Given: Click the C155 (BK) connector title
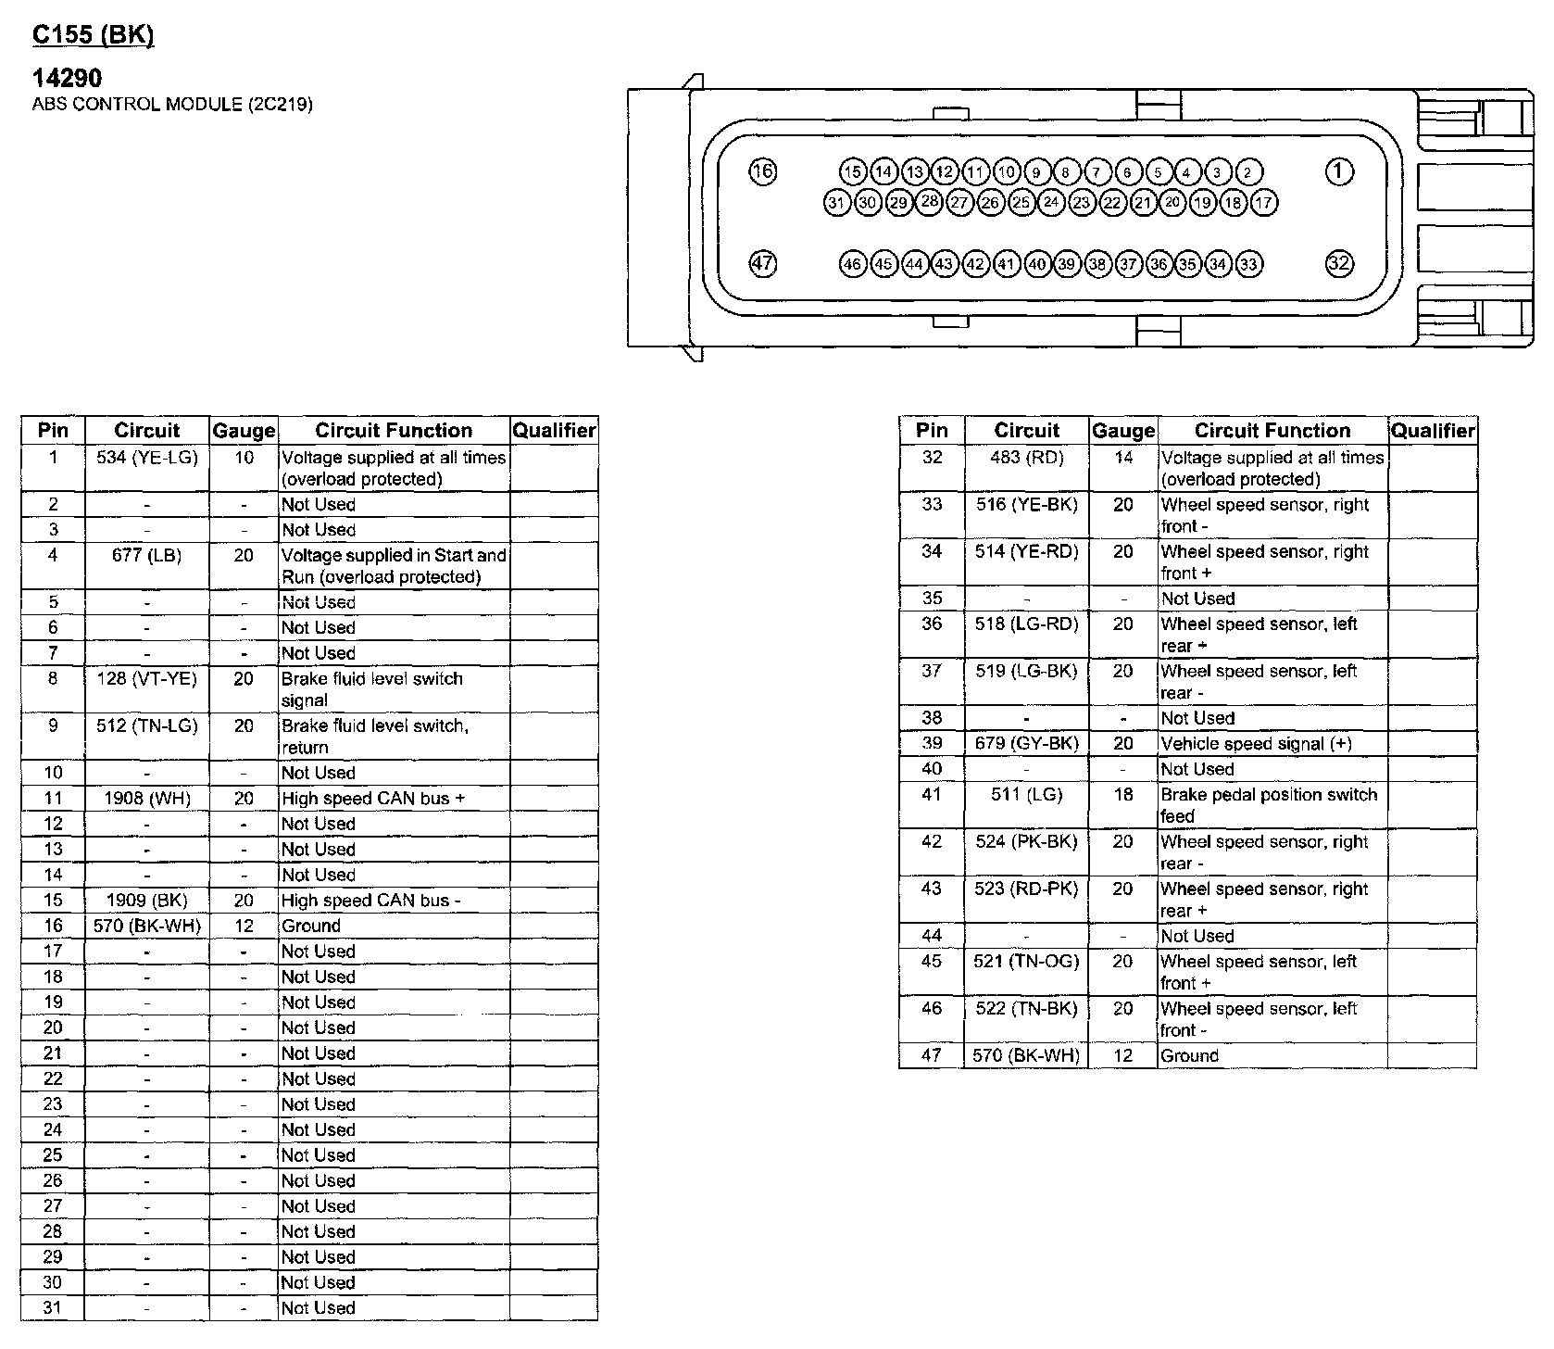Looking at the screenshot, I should point(93,35).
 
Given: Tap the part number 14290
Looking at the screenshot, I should point(67,78).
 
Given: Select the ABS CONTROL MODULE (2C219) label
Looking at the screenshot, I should point(172,104).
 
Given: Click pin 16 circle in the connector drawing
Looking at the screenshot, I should point(762,171).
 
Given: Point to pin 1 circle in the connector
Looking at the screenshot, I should point(1339,171).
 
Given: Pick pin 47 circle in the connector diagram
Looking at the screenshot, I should point(762,263).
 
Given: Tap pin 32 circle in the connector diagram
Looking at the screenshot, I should point(1339,263).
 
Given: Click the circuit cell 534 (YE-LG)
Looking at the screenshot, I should point(147,458).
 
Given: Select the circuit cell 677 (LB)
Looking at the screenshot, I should point(147,555).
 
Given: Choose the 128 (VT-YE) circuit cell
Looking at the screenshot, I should point(147,678).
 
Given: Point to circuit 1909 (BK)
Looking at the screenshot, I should point(147,901).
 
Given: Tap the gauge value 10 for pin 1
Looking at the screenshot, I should point(244,458).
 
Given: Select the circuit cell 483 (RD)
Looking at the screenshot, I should point(1026,458).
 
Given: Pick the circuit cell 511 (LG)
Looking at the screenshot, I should point(1026,795).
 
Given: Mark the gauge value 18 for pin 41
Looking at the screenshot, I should point(1123,795).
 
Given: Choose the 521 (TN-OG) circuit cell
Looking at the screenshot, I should point(1026,962).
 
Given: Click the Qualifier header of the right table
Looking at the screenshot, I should point(1433,431).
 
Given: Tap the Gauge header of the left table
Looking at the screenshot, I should point(244,431).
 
